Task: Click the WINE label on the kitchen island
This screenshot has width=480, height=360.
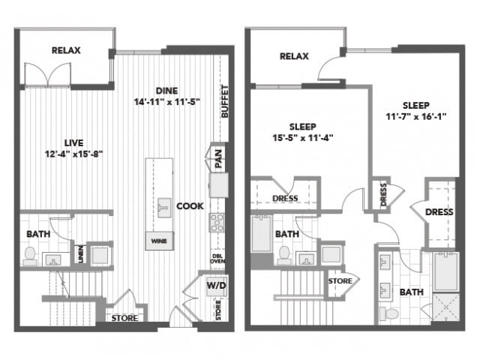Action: tap(159, 241)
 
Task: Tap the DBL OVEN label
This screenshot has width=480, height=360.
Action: tap(217, 259)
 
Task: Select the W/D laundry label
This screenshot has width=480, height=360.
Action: tap(217, 286)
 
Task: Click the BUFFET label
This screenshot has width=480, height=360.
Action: tap(225, 101)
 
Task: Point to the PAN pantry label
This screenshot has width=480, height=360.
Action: tap(218, 158)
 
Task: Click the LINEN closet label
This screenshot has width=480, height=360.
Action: tap(81, 253)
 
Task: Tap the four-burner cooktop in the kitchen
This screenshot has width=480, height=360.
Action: tap(217, 223)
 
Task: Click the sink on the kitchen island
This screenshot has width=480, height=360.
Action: tap(164, 208)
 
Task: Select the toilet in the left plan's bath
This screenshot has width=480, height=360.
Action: tap(30, 256)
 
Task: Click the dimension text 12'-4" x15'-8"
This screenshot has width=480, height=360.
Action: tap(73, 154)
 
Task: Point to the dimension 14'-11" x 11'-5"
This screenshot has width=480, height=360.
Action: tap(166, 101)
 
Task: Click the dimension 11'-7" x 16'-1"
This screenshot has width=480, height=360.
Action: tap(415, 116)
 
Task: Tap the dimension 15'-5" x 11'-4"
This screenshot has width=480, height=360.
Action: tap(302, 138)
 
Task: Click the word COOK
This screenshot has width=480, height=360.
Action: tap(190, 206)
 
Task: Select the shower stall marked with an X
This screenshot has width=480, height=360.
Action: tap(446, 307)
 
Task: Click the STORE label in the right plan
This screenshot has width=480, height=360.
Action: tap(340, 280)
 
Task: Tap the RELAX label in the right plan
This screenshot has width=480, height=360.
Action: tap(294, 56)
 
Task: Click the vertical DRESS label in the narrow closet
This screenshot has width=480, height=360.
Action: tap(383, 194)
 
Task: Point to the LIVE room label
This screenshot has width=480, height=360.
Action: tap(73, 143)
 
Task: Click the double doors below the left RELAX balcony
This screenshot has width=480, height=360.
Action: tap(48, 74)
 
